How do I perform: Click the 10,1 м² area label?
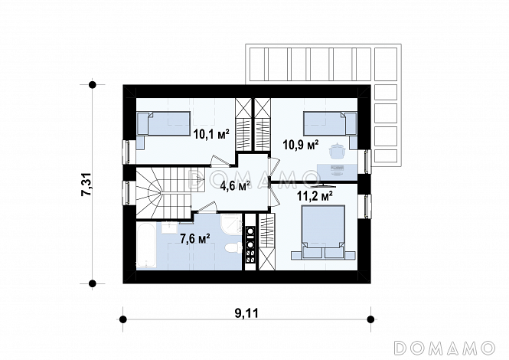coord(211,133)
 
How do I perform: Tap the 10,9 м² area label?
coord(301,145)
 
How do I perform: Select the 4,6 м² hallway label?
coord(235,186)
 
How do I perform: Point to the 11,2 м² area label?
coord(315,196)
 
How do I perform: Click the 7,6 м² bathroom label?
coord(194,239)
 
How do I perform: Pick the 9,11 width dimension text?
coord(246,313)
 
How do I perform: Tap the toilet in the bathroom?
coord(233,249)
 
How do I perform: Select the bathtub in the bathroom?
coord(146,245)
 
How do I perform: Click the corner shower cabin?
coord(231,224)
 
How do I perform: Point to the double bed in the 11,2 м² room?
coord(323,232)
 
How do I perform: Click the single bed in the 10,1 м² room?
coord(163,124)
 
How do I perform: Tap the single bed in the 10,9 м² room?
coord(330,123)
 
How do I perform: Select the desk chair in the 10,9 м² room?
coord(336,151)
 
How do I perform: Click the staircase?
coord(164,193)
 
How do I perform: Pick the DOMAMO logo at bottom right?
coord(445,347)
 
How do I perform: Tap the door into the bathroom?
coord(208,208)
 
